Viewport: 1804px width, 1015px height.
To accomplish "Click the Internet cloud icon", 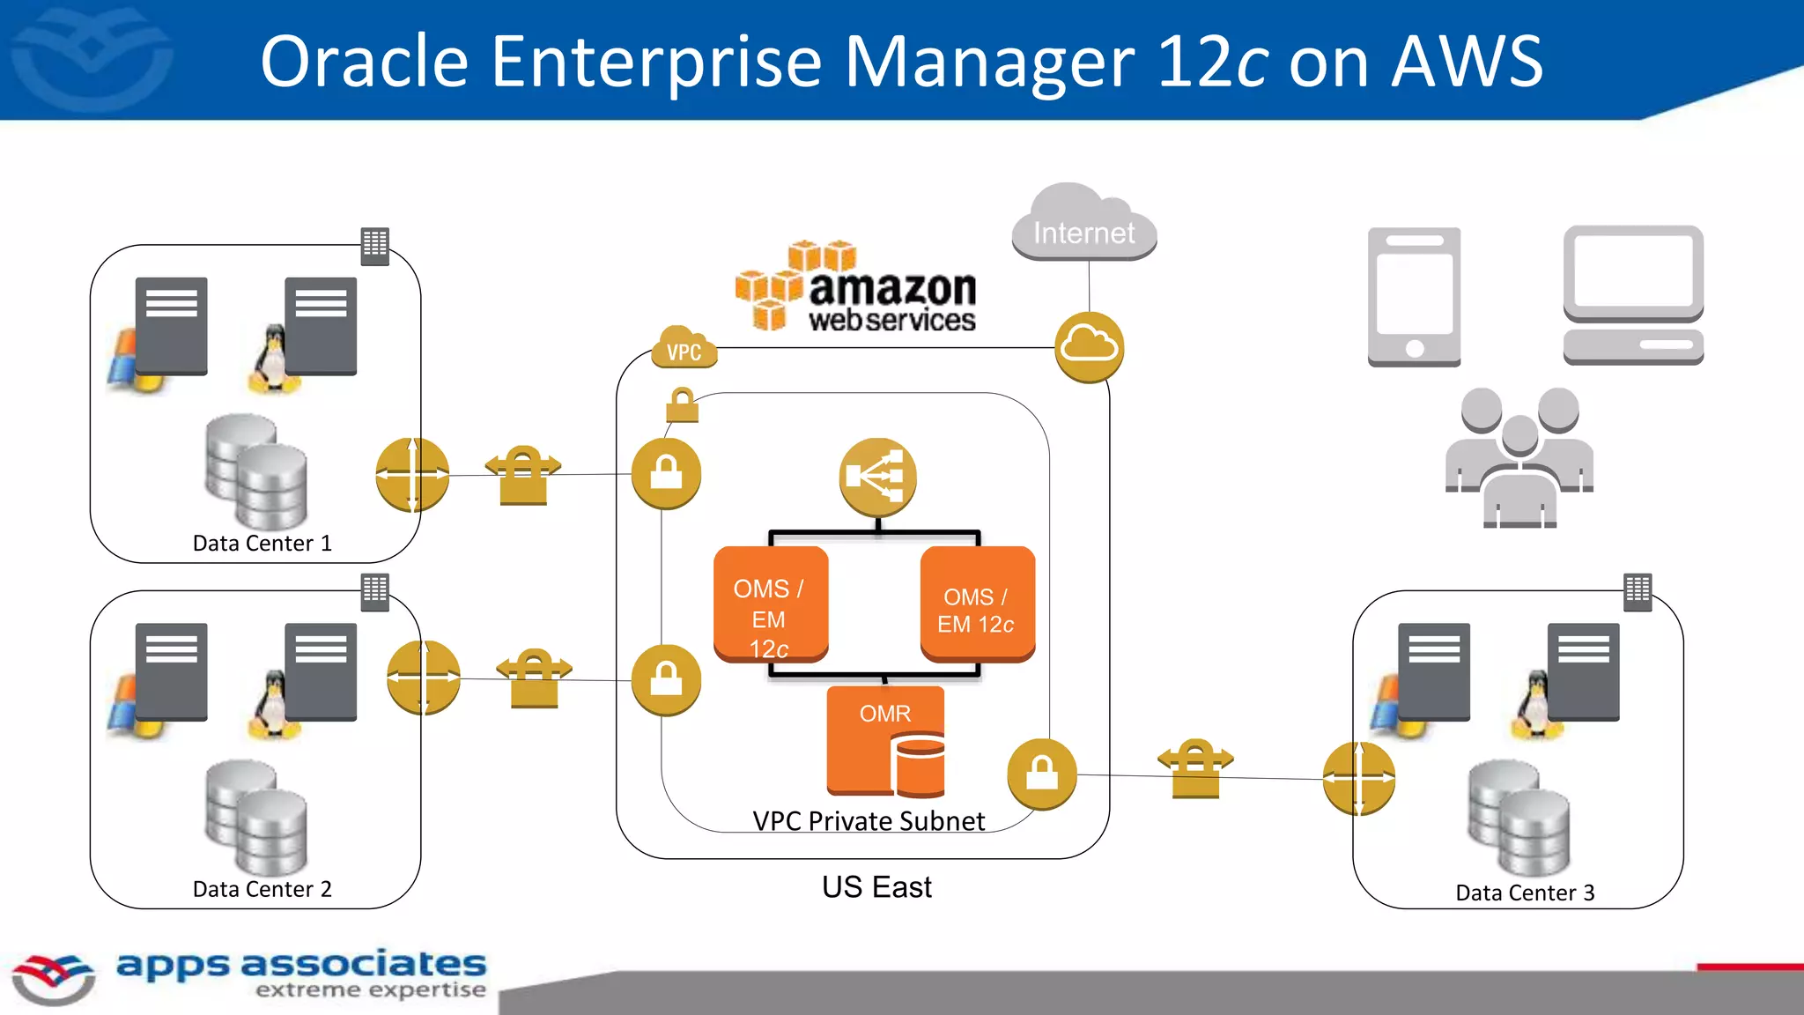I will [x=1083, y=225].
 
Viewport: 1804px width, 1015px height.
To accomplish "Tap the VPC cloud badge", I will [x=684, y=348].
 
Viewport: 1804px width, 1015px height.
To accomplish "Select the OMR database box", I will [x=885, y=742].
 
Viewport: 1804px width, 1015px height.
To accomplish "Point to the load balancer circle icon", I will [x=877, y=477].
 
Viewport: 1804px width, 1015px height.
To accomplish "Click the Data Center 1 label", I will [x=262, y=544].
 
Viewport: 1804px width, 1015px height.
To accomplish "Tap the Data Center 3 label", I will [x=1525, y=893].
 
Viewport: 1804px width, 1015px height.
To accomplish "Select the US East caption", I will [x=876, y=887].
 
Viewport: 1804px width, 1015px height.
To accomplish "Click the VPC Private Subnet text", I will [x=869, y=821].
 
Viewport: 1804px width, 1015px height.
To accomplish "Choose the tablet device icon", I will [x=1414, y=297].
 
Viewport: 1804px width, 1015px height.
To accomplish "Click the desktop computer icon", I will [x=1633, y=295].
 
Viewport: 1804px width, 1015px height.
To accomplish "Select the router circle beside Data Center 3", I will [x=1359, y=778].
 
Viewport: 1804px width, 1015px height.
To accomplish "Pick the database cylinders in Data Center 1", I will [x=255, y=473].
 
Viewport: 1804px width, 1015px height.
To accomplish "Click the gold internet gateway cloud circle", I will [x=1089, y=347].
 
